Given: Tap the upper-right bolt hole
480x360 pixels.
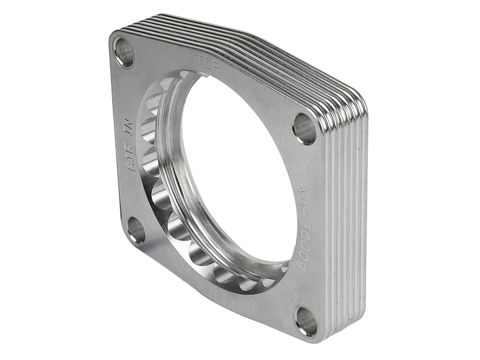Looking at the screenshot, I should click(x=304, y=128).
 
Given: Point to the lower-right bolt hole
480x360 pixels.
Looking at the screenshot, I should click(x=306, y=322).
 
